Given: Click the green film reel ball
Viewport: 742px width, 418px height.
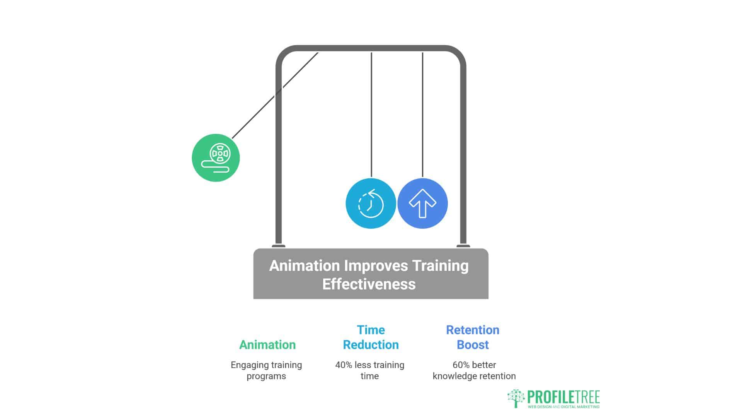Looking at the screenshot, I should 216,158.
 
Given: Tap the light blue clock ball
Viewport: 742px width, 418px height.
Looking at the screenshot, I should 371,204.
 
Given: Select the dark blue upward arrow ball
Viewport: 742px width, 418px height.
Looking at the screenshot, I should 422,204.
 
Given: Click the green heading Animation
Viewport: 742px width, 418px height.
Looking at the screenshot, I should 267,344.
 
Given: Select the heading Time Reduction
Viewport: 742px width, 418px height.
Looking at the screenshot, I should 371,337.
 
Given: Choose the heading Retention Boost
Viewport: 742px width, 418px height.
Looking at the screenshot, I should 473,337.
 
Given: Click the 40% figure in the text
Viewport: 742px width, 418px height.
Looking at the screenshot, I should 344,365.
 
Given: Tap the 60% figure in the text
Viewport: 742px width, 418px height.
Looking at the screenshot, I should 461,365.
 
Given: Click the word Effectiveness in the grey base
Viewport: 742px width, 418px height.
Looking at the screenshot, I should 369,284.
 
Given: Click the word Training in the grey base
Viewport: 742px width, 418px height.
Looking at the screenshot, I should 440,266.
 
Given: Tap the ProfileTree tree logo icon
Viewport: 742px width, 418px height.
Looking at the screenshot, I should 516,398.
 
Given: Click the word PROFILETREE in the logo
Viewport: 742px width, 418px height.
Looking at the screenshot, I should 563,397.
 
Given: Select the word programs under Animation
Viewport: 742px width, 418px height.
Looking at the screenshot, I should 266,376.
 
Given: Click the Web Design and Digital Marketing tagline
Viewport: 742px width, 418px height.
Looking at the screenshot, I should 564,407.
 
